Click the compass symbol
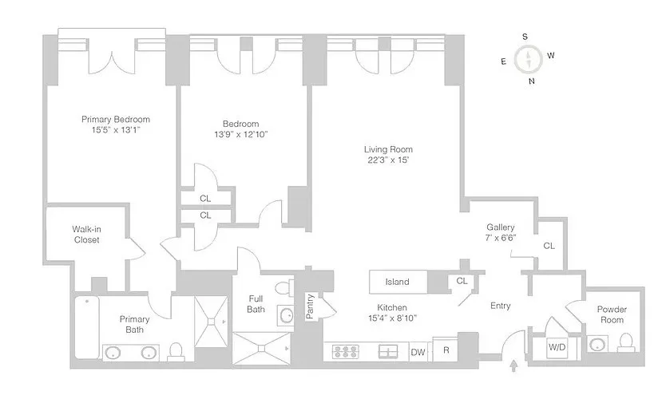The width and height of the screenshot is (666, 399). (527, 58)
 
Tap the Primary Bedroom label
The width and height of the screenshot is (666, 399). (116, 120)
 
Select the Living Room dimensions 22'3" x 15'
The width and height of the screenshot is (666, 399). (388, 160)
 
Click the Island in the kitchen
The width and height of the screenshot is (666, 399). (397, 282)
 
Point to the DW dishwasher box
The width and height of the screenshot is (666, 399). (418, 351)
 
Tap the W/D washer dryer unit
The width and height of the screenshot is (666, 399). (557, 347)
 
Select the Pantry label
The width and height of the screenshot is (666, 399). (310, 306)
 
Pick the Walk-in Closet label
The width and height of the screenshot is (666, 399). (86, 235)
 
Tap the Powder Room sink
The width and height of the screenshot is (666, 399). (597, 345)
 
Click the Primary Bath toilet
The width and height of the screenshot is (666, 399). (178, 350)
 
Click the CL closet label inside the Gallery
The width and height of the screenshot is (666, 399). (549, 246)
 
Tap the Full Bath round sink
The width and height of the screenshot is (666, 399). (285, 314)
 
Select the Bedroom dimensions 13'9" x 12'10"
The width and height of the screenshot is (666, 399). (240, 134)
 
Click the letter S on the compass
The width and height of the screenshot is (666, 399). (525, 37)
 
